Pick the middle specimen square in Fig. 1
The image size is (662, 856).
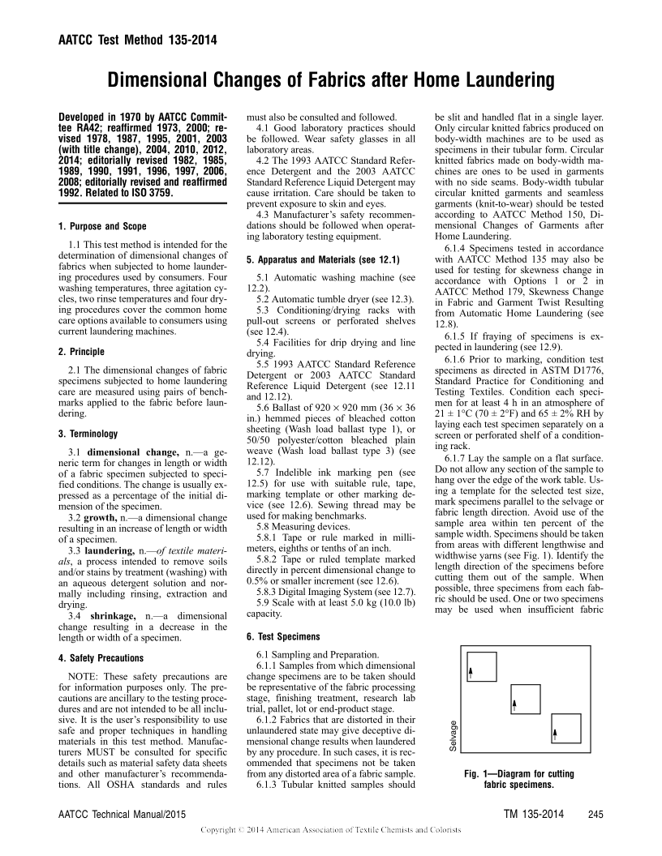coord(524,700)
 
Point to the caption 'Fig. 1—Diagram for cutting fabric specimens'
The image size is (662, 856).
coord(518,780)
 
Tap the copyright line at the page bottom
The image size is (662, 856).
coord(330,830)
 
